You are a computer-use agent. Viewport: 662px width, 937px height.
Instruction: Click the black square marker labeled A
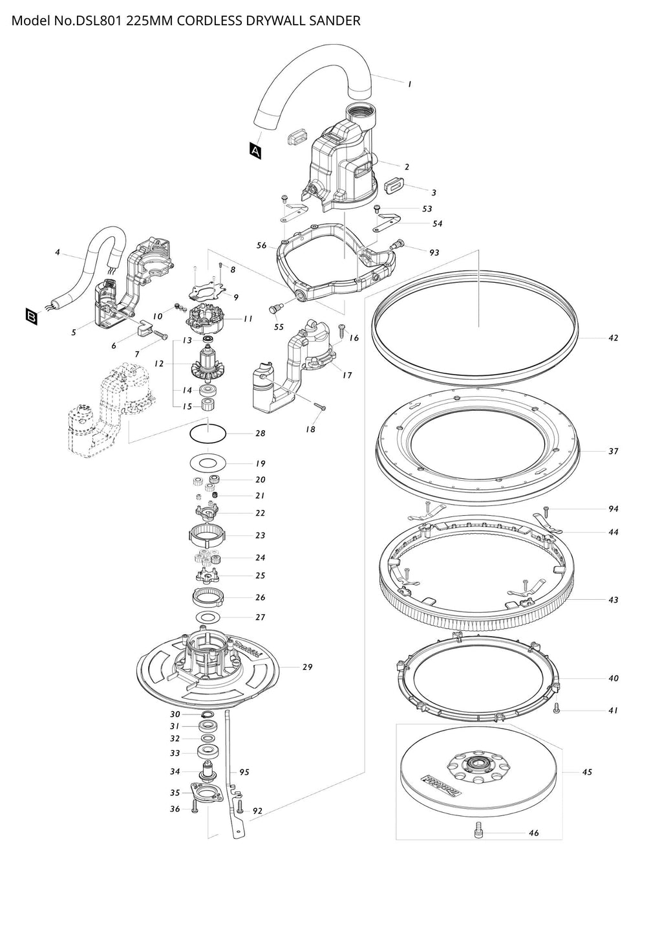click(256, 151)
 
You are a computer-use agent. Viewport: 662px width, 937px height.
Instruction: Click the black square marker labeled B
click(31, 316)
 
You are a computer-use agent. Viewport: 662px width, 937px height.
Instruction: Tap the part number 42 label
click(613, 338)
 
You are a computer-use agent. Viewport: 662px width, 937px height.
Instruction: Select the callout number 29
click(307, 667)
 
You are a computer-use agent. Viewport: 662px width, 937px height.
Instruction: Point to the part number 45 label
click(587, 772)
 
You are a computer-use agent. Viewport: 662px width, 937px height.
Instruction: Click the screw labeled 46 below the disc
click(478, 827)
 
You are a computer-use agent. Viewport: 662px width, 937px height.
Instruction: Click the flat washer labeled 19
click(208, 463)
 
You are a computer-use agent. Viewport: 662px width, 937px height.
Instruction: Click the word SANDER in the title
click(332, 21)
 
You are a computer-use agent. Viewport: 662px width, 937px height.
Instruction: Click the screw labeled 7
click(160, 335)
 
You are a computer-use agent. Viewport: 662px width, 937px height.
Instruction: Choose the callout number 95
click(244, 772)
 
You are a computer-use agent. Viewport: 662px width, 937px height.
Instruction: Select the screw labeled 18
click(321, 406)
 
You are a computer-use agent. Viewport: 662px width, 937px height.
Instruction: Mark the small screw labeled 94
click(546, 510)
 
